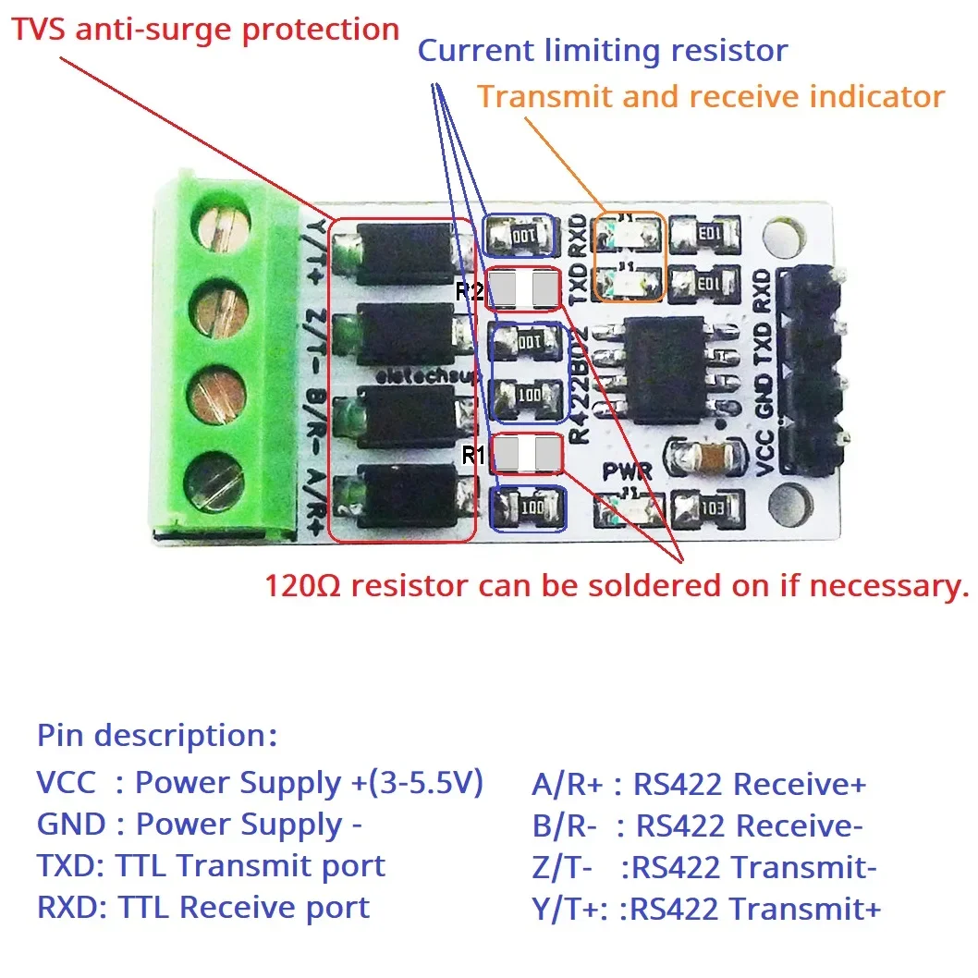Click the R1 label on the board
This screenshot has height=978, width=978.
pos(472,455)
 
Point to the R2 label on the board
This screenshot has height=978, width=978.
pos(470,292)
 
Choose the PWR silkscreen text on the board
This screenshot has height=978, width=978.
pos(628,471)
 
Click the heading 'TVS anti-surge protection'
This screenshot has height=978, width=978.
pos(205,30)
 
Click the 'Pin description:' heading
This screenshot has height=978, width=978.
pos(157,736)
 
